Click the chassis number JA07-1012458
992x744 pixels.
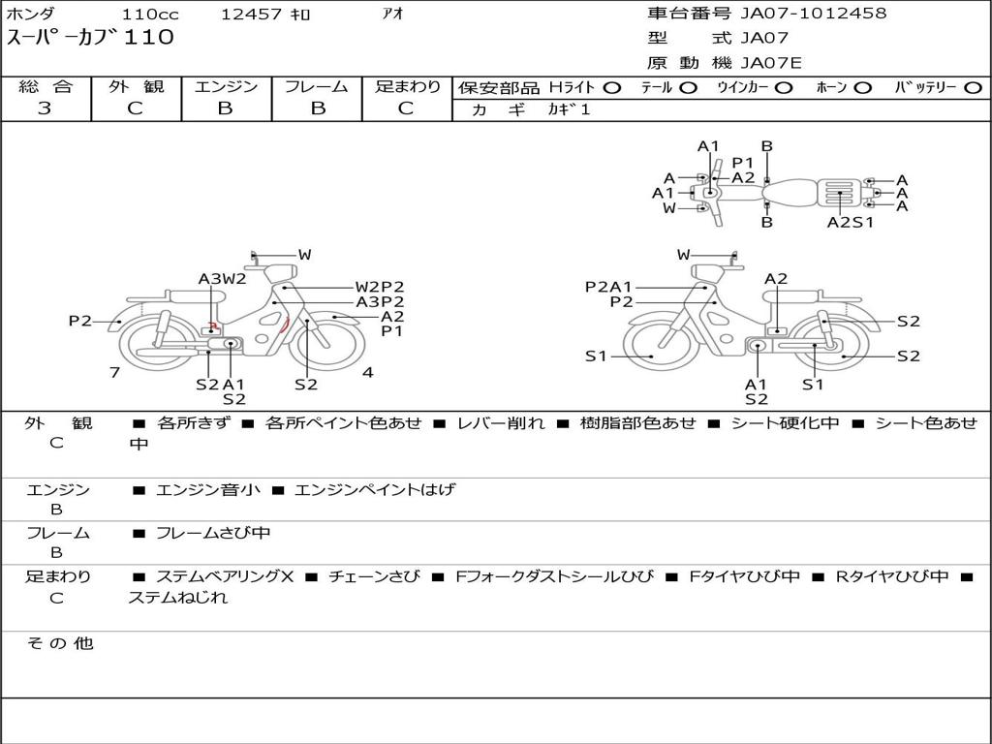click(x=814, y=13)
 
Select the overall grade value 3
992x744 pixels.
click(x=45, y=108)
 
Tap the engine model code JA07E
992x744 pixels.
click(x=770, y=63)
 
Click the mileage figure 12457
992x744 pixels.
click(x=251, y=14)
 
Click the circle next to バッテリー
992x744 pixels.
click(x=973, y=88)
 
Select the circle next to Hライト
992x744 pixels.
click(x=612, y=88)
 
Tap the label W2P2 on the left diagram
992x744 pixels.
click(x=379, y=287)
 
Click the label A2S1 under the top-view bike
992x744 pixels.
click(x=850, y=222)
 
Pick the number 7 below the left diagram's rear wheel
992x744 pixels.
click(x=114, y=372)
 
